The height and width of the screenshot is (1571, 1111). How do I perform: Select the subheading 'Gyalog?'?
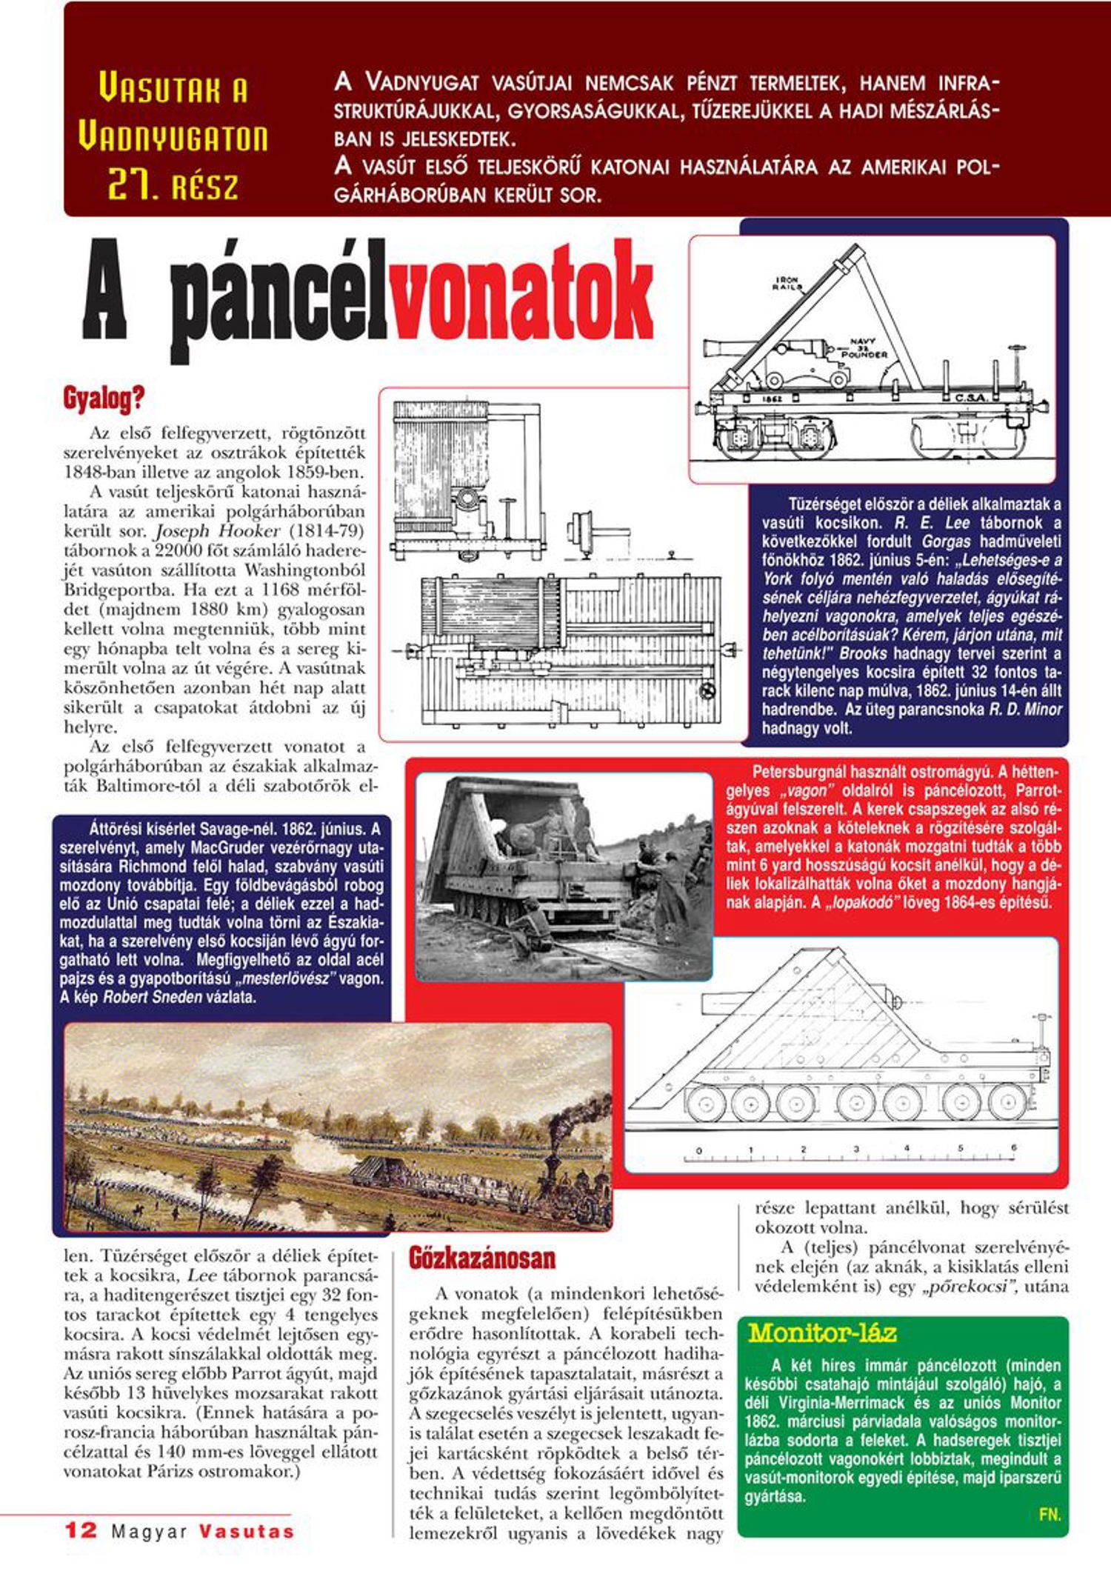click(x=103, y=399)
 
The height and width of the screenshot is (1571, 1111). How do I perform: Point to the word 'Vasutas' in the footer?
click(x=246, y=1531)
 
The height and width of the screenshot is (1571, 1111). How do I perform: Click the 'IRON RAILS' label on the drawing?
click(x=787, y=283)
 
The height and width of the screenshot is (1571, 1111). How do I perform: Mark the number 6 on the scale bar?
click(x=1013, y=1149)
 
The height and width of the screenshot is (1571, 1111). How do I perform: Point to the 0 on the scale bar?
click(x=698, y=1151)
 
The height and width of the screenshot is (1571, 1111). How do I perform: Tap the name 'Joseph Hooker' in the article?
click(x=218, y=531)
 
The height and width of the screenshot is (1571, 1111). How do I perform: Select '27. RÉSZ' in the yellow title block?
click(x=173, y=185)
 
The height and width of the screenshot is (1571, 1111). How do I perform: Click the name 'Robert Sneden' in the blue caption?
click(x=152, y=997)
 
